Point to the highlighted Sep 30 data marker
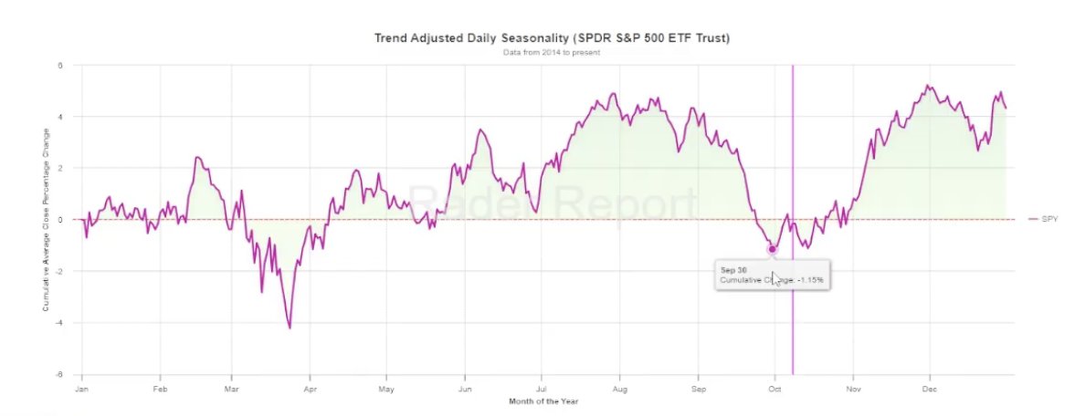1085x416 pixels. point(772,249)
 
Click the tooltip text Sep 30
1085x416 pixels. point(734,270)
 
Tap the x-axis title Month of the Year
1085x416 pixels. point(543,400)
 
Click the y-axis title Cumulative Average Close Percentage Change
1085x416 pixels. point(45,220)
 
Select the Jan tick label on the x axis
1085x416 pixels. point(82,387)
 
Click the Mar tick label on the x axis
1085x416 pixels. point(232,387)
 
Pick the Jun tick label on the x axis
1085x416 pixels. point(465,387)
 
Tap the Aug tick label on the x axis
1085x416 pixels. point(620,387)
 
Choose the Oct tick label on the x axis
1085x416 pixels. point(774,387)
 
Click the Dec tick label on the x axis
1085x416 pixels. point(930,387)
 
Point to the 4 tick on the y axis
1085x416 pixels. point(60,117)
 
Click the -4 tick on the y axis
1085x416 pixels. point(59,323)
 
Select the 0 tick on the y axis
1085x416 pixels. point(60,220)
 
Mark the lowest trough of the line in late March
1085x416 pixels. point(290,327)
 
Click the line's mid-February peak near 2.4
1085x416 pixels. point(197,158)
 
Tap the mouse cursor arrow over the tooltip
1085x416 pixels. point(775,278)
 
